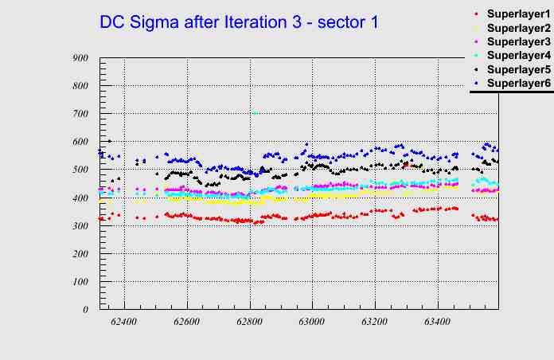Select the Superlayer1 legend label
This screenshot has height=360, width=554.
pyautogui.click(x=517, y=14)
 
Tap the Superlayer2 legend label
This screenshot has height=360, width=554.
pyautogui.click(x=517, y=28)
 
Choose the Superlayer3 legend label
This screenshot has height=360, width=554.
pyautogui.click(x=517, y=41)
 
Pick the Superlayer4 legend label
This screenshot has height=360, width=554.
pyautogui.click(x=517, y=55)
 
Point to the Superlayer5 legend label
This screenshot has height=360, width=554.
pyautogui.click(x=517, y=69)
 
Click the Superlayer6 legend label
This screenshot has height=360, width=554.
pyautogui.click(x=517, y=83)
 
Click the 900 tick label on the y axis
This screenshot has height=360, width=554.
pyautogui.click(x=80, y=58)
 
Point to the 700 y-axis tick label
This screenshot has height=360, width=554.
pyautogui.click(x=80, y=114)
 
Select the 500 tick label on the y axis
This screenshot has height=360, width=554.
pyautogui.click(x=80, y=170)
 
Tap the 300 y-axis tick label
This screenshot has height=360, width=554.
pyautogui.click(x=80, y=226)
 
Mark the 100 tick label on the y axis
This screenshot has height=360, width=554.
pyautogui.click(x=80, y=282)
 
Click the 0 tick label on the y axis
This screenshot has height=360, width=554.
pyautogui.click(x=85, y=310)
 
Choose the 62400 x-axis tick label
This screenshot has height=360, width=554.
pyautogui.click(x=124, y=322)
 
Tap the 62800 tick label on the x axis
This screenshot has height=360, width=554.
pyautogui.click(x=249, y=322)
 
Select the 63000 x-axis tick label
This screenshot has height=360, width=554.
pyautogui.click(x=311, y=322)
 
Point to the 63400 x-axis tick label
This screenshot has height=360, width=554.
pyautogui.click(x=437, y=322)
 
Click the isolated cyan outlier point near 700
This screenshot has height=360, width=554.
pyautogui.click(x=255, y=113)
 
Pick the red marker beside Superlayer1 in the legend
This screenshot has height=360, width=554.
pyautogui.click(x=475, y=14)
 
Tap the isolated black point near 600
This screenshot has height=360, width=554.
pyautogui.click(x=109, y=141)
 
